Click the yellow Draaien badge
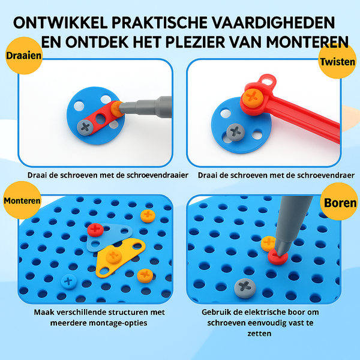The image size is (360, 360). click(x=24, y=56)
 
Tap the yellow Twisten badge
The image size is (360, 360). click(x=337, y=61)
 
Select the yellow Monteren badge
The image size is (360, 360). click(x=22, y=200)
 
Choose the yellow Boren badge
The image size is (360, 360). click(x=340, y=202)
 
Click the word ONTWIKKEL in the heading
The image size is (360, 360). click(x=61, y=23)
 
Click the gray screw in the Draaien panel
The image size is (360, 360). click(x=85, y=127)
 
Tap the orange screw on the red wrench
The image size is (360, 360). click(x=253, y=97)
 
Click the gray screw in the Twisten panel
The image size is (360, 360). click(x=236, y=132)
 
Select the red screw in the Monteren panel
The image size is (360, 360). click(x=95, y=230)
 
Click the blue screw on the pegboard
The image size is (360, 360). click(x=68, y=281)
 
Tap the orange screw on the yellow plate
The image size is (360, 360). click(x=113, y=256)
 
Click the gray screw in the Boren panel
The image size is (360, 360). click(x=245, y=288)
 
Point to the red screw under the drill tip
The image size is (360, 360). click(x=278, y=257)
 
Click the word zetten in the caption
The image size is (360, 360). click(x=259, y=334)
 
